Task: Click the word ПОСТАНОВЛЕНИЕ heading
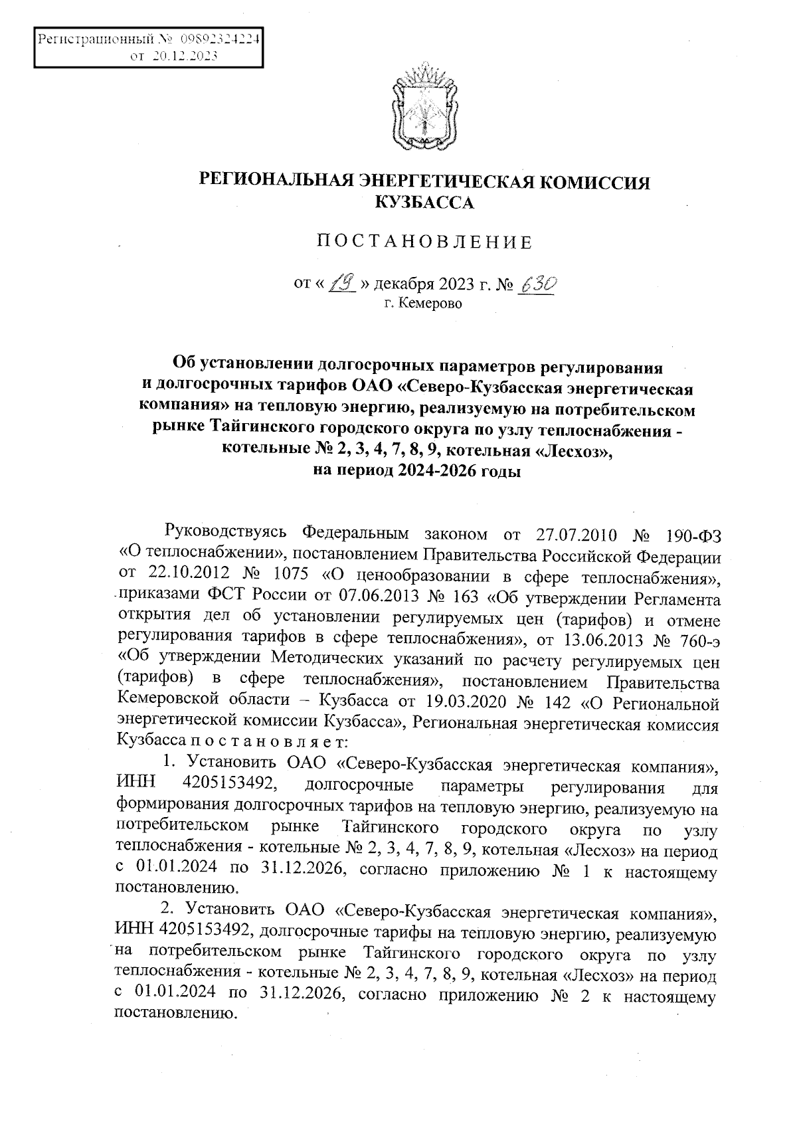tap(424, 242)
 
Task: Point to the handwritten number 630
tap(536, 285)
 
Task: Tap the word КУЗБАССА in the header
tap(425, 203)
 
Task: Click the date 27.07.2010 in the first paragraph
tap(576, 535)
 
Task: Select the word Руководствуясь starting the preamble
tap(226, 533)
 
